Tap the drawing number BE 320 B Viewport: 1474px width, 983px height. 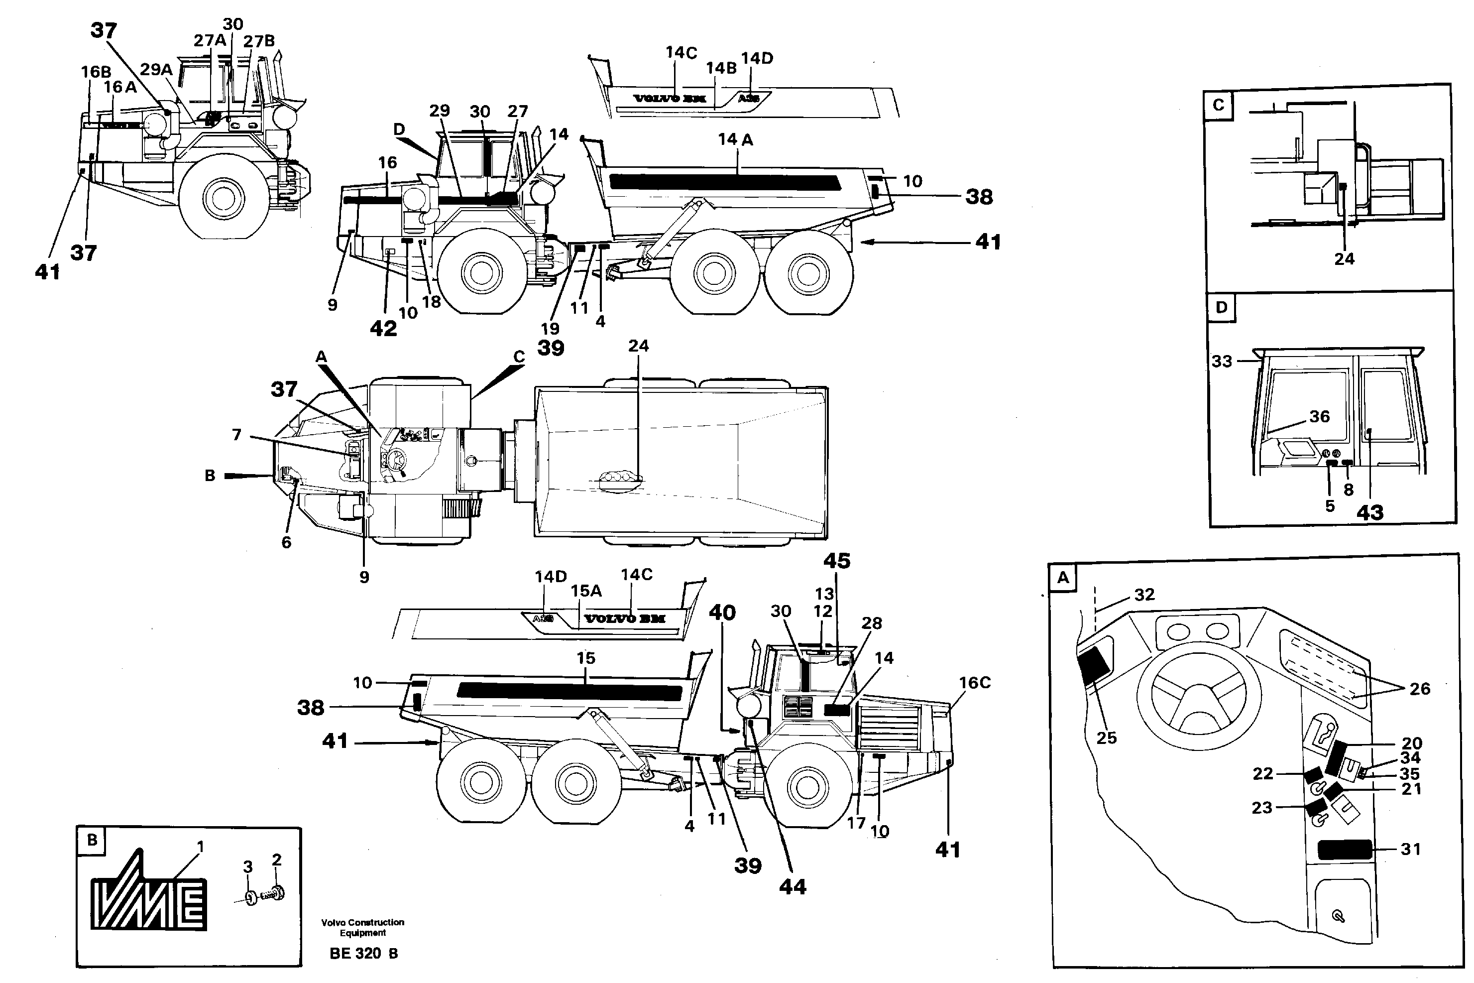(363, 954)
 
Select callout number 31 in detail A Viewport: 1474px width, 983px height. (1411, 850)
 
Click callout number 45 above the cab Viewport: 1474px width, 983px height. (837, 560)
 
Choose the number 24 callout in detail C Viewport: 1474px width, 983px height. (1344, 258)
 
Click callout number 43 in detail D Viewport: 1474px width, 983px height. (1370, 513)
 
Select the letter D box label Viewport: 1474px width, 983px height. (1222, 307)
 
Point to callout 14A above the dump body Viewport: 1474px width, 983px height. (735, 139)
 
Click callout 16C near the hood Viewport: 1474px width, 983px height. (975, 682)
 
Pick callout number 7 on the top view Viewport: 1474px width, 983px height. (236, 434)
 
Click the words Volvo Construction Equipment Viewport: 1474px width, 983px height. (363, 927)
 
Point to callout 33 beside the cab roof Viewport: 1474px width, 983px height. (1222, 361)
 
